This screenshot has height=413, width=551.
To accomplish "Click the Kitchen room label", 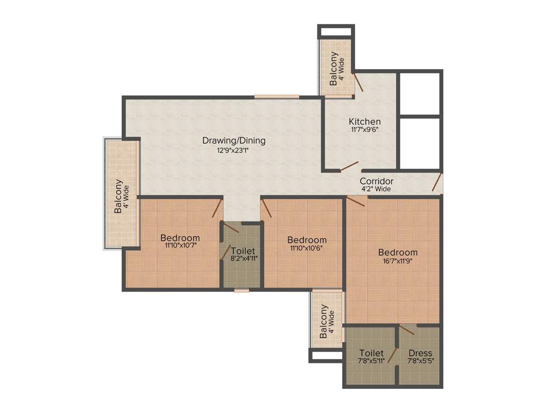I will (364, 122).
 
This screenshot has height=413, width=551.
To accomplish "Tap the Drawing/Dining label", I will (234, 141).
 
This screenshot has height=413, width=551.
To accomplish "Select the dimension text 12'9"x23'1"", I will (234, 151).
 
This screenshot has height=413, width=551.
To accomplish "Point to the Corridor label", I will (376, 181).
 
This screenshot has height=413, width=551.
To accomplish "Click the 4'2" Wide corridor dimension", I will (376, 189).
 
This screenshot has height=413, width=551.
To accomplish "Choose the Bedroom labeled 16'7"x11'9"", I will (398, 252).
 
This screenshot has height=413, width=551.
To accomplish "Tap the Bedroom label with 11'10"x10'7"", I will (180, 238).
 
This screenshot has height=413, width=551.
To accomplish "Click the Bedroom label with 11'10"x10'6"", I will (307, 240).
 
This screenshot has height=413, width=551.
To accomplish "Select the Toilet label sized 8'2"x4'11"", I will (243, 251).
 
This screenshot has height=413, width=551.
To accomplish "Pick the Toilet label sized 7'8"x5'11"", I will (371, 353).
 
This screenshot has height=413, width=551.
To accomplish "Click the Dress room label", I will (420, 353).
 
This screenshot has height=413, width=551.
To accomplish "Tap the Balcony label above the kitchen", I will (334, 68).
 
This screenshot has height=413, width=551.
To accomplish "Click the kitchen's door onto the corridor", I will (349, 167).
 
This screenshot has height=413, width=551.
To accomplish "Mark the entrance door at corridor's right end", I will (437, 182).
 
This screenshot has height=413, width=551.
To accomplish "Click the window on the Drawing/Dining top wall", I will (277, 97).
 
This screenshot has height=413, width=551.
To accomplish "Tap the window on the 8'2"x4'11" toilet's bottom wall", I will (242, 290).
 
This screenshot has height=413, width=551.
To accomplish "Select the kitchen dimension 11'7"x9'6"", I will (364, 130).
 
